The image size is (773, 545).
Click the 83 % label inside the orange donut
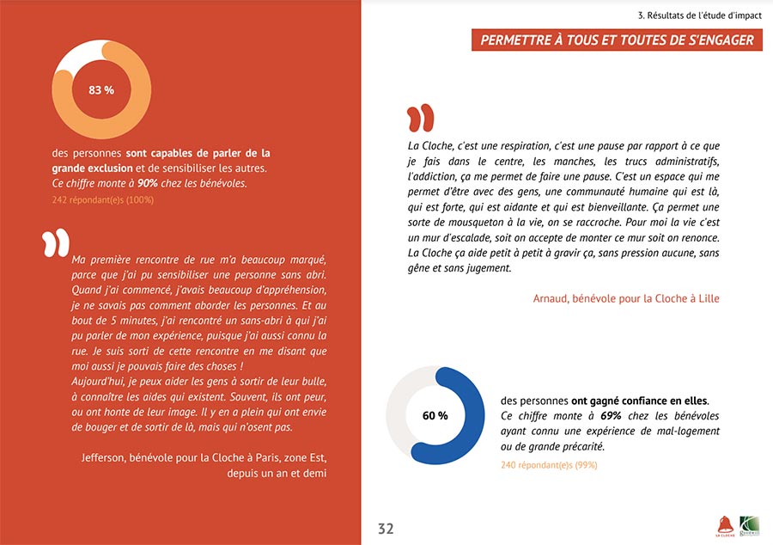101,89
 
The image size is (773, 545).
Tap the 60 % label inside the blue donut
435,415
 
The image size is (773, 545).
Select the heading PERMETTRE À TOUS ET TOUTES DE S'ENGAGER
617,40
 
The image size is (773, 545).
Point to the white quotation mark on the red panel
57,242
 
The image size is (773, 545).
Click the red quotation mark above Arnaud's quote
420,119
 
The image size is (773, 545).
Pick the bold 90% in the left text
147,183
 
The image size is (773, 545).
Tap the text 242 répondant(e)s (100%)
102,200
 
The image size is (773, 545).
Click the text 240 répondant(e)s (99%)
549,465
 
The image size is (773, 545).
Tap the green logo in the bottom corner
750,524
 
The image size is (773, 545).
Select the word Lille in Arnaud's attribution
707,298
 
